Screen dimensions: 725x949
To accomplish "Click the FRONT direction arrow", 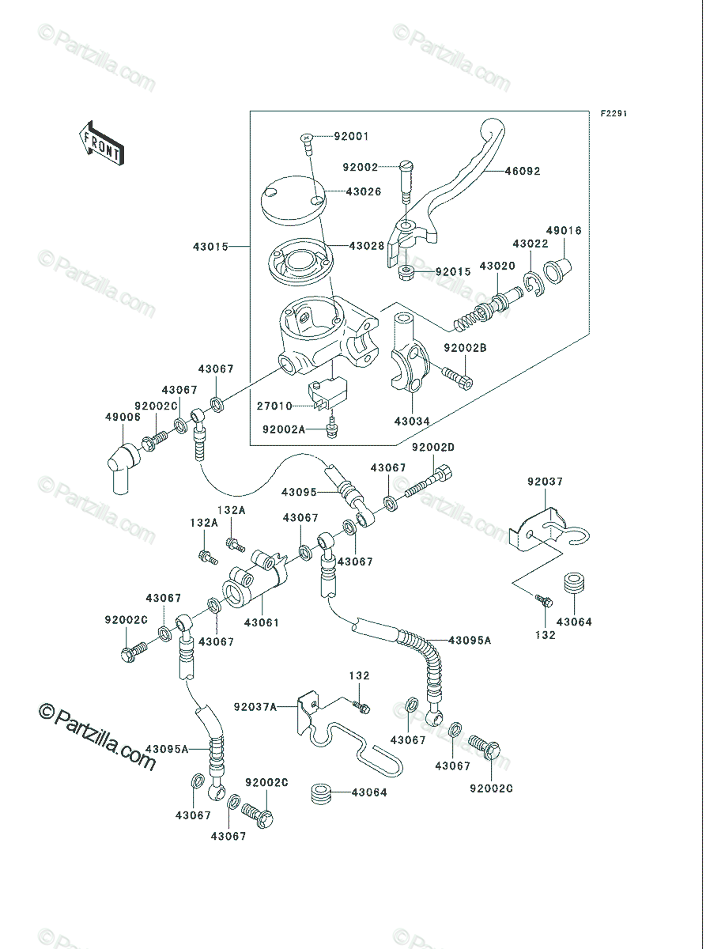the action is pyautogui.click(x=101, y=143).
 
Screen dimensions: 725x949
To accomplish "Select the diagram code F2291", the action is pyautogui.click(x=614, y=114).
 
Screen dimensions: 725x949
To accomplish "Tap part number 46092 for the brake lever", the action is pyautogui.click(x=523, y=171).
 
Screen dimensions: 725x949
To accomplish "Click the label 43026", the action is pyautogui.click(x=364, y=191).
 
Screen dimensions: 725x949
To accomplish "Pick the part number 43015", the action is pyautogui.click(x=210, y=247).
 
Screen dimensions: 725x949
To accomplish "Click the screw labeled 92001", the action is pyautogui.click(x=307, y=144).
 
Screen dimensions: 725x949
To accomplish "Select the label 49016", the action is pyautogui.click(x=564, y=230).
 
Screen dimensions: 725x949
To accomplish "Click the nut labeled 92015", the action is pyautogui.click(x=406, y=272).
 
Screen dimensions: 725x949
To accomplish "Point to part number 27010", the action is pyautogui.click(x=274, y=406).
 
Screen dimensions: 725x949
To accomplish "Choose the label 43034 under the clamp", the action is pyautogui.click(x=412, y=421).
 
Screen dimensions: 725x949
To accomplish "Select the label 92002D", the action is pyautogui.click(x=433, y=448).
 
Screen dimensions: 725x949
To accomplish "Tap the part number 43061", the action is pyautogui.click(x=262, y=622).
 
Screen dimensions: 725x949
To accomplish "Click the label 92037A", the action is pyautogui.click(x=255, y=707).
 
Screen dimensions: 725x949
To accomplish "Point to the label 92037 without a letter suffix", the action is pyautogui.click(x=545, y=482).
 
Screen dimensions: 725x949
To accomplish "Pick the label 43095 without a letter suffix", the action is pyautogui.click(x=299, y=493).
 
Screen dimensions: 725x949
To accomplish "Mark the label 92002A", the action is pyautogui.click(x=284, y=429).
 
